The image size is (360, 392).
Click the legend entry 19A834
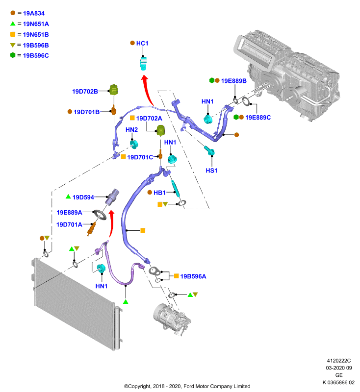click(x=34, y=13)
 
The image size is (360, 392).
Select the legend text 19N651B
click(x=36, y=34)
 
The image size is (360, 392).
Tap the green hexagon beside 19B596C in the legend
click(x=13, y=55)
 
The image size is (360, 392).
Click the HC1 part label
click(x=142, y=43)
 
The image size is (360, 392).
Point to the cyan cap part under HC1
click(x=143, y=64)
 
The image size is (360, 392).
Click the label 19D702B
click(x=85, y=92)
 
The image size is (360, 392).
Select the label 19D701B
click(x=86, y=112)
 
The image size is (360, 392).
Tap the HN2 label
click(x=131, y=130)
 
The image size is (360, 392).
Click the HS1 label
click(x=211, y=171)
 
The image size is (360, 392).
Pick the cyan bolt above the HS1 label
click(x=209, y=150)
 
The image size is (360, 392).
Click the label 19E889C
click(x=258, y=118)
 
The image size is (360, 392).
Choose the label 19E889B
click(x=233, y=81)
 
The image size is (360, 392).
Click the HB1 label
click(x=159, y=193)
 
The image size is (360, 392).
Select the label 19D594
click(x=83, y=197)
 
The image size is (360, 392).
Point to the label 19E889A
click(x=69, y=213)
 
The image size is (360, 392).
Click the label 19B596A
click(x=193, y=276)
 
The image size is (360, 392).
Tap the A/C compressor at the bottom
click(x=172, y=319)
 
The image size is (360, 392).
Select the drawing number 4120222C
click(x=339, y=361)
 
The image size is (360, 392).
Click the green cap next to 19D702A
click(x=160, y=130)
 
